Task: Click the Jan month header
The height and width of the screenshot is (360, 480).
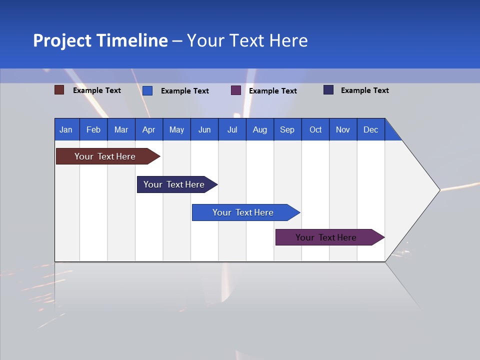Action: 66,129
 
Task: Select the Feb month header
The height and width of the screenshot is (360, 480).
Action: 93,129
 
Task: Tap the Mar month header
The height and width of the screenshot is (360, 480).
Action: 121,129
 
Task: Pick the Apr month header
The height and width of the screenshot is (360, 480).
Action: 149,129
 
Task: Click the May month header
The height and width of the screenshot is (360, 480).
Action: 176,129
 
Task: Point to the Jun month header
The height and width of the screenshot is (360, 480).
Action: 204,129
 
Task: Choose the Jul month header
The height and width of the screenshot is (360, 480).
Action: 232,129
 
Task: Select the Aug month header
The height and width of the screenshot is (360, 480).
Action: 260,129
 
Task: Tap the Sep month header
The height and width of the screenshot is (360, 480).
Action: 287,129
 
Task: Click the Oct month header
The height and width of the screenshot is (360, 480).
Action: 315,129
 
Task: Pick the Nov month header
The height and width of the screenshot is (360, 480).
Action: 343,129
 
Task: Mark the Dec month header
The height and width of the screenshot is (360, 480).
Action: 371,129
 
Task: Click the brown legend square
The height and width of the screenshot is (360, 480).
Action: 59,90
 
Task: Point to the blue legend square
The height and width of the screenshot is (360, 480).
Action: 147,90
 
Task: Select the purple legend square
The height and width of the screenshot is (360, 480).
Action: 236,90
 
